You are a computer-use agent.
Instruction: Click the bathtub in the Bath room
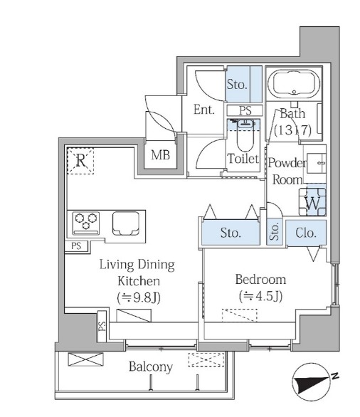(294, 83)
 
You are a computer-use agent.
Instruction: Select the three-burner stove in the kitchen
(85, 223)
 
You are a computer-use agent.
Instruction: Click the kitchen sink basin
(126, 223)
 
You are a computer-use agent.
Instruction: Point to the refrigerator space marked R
(80, 161)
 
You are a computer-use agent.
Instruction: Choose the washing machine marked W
(312, 201)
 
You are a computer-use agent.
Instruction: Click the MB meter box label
(160, 155)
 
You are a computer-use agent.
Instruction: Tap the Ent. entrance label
(204, 110)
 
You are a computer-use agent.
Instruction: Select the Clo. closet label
(306, 233)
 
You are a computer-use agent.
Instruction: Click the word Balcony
(151, 367)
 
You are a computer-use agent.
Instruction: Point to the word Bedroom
(260, 280)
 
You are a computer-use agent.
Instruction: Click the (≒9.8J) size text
(139, 298)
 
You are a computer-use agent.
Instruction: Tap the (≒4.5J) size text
(260, 296)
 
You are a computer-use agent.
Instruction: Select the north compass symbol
(312, 382)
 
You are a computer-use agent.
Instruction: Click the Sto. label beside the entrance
(237, 84)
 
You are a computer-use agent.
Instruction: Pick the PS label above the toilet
(245, 110)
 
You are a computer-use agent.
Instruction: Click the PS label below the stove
(76, 246)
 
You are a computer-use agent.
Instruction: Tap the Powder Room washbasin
(316, 163)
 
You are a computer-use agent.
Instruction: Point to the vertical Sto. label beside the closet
(275, 231)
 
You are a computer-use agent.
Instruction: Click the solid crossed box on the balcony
(85, 359)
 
